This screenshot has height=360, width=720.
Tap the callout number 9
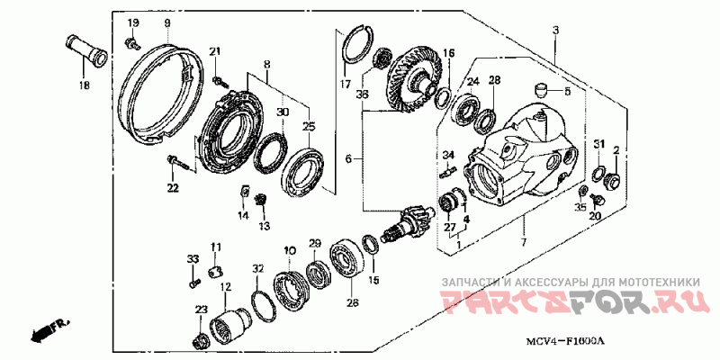[x=167, y=22]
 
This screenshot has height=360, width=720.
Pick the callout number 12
[x=225, y=287]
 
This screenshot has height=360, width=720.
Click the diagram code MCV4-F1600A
[x=565, y=341]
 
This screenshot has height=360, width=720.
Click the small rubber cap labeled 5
[x=543, y=89]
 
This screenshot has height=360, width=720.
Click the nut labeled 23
[x=201, y=339]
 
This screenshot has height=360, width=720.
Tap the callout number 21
[x=215, y=50]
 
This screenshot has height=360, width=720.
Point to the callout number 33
[x=192, y=260]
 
